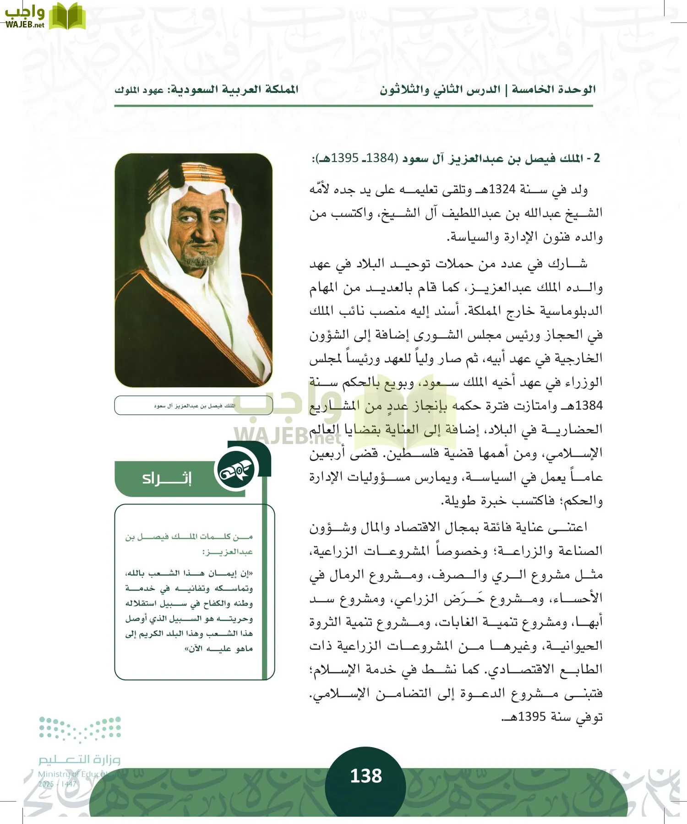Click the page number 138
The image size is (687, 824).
pyautogui.click(x=365, y=776)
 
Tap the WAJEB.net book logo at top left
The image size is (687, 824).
pyautogui.click(x=67, y=16)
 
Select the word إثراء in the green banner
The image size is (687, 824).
pyautogui.click(x=167, y=479)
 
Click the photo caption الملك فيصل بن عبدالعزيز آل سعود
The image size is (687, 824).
pyautogui.click(x=194, y=406)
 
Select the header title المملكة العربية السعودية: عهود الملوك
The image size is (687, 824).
pyautogui.click(x=207, y=90)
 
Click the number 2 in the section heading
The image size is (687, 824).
pyautogui.click(x=596, y=158)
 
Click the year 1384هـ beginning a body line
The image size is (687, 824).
pyautogui.click(x=584, y=406)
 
